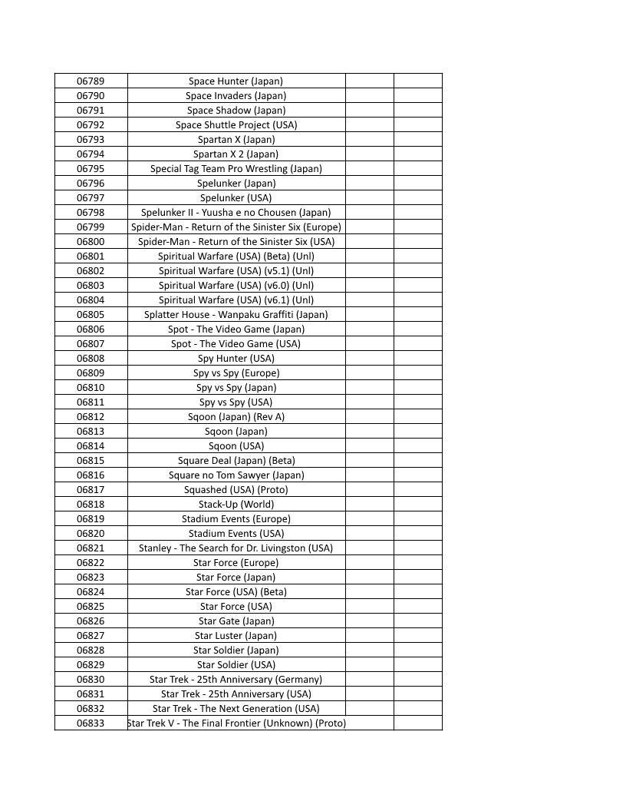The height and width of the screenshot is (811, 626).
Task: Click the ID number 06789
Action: click(x=91, y=81)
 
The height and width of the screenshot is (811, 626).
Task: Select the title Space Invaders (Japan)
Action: click(x=236, y=96)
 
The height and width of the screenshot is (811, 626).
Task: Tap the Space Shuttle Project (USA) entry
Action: click(x=236, y=125)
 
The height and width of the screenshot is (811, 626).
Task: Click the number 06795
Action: click(x=91, y=169)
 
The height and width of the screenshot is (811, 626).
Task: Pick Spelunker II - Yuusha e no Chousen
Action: click(x=236, y=213)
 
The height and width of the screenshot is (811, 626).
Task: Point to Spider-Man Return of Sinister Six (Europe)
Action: click(x=236, y=227)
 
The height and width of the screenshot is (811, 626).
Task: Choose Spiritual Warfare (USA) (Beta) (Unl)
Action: click(x=236, y=257)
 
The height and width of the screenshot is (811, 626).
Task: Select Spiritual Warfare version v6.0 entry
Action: click(x=236, y=286)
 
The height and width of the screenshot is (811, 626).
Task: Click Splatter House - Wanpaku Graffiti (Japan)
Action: click(x=236, y=315)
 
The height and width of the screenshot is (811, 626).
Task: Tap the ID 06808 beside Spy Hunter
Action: click(x=91, y=359)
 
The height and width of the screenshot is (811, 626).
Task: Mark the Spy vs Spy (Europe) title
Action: click(x=236, y=373)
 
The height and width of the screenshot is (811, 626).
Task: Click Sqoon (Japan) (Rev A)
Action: click(x=236, y=417)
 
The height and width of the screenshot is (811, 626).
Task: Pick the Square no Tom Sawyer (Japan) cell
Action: click(x=236, y=475)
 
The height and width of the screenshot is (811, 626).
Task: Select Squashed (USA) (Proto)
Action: click(x=236, y=490)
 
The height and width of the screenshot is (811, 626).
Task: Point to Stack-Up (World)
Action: click(x=236, y=505)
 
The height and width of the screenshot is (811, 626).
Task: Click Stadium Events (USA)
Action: click(x=236, y=534)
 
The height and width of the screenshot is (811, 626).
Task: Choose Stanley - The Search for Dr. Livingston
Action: click(x=236, y=548)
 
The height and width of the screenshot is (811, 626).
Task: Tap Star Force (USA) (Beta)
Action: click(x=236, y=592)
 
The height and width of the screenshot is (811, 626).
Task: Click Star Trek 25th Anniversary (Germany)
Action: click(x=236, y=680)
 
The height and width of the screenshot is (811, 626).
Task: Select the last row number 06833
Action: click(x=91, y=723)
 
